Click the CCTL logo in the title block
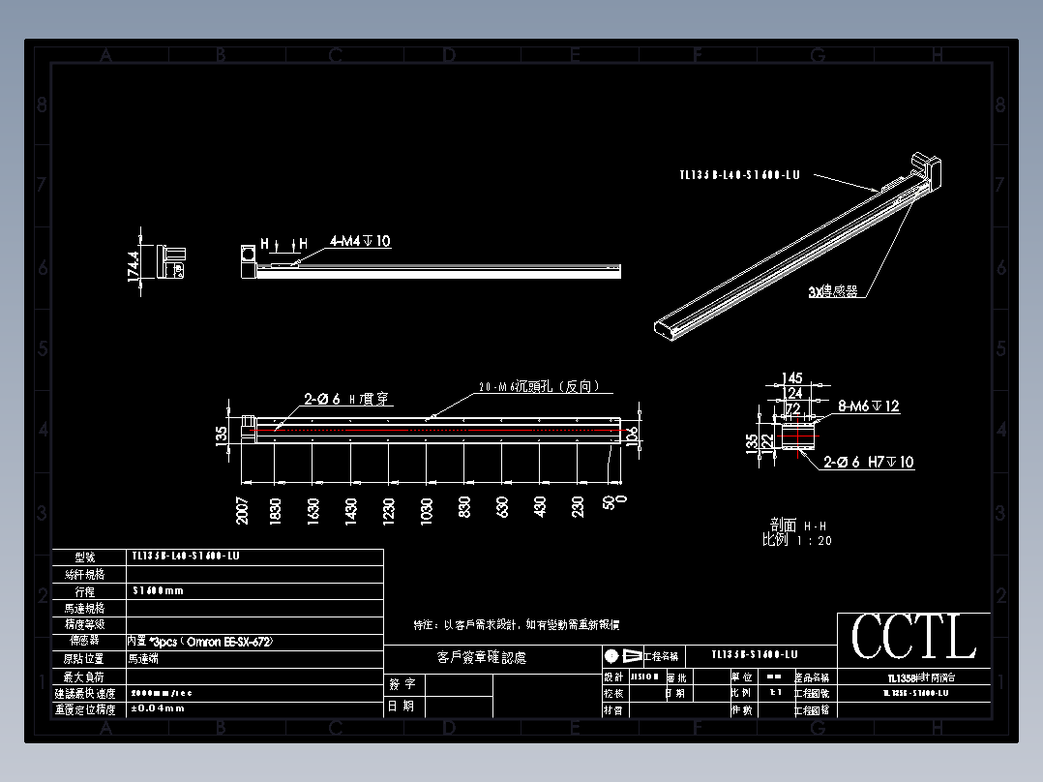913,637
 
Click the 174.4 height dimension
134,261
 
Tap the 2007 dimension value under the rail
242,510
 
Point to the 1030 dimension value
426,510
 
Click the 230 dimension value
578,508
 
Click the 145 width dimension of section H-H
791,377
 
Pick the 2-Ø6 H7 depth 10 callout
868,463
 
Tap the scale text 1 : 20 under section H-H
813,540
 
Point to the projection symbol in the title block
622,655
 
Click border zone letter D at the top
448,55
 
